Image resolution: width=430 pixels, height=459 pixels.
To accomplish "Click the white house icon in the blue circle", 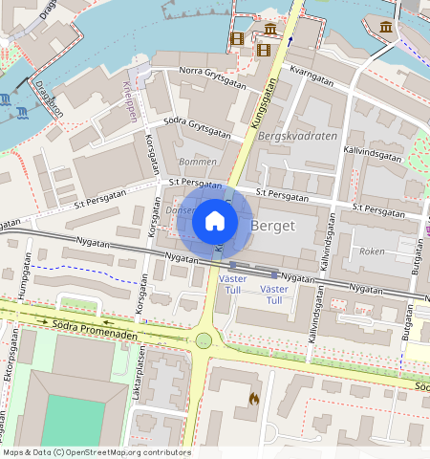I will coord(215,222).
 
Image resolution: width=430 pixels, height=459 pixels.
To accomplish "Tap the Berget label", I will coord(274,225).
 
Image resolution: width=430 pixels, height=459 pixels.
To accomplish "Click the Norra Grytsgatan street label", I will coord(212,76).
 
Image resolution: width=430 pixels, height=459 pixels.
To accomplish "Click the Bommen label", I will coord(198,163).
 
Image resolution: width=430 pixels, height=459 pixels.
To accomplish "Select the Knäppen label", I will coord(131,98).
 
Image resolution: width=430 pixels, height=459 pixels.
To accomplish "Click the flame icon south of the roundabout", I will coord(253,398).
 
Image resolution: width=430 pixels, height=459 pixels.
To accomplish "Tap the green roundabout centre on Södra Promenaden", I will coord(203,340).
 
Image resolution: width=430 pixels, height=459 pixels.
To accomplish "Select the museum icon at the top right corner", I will coord(386,26).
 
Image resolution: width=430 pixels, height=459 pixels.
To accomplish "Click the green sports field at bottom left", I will coord(72,421).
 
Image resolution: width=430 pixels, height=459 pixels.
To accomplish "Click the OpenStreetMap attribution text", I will coord(97,452).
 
